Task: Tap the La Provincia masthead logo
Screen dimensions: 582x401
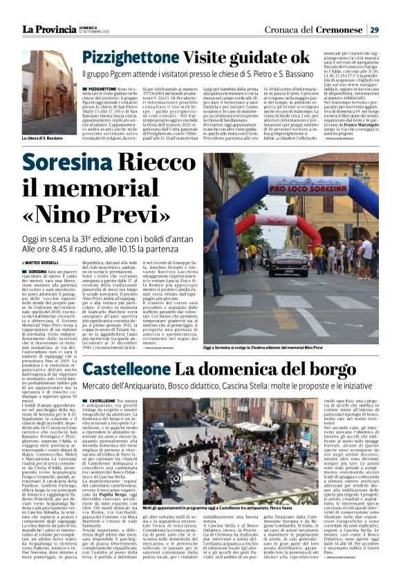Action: (x=48, y=29)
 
